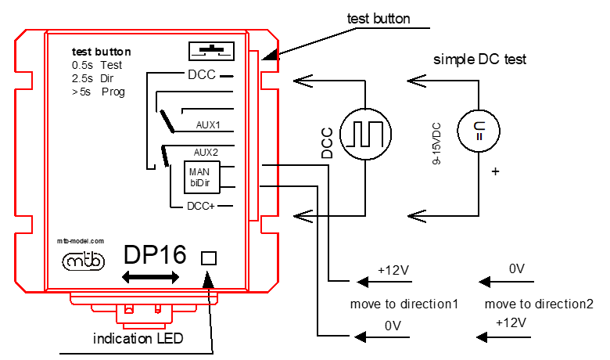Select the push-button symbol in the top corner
[211, 51]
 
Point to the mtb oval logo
[83, 261]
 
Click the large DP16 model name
[155, 254]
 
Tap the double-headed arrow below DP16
[150, 278]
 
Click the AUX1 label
[208, 125]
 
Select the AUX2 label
[206, 152]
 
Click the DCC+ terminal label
[201, 206]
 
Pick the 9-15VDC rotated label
[437, 144]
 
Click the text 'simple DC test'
[479, 59]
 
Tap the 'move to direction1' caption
[404, 304]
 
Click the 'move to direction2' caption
[539, 304]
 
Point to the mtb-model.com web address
[81, 241]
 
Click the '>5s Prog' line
[99, 92]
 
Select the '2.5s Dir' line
[92, 78]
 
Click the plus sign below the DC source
[495, 171]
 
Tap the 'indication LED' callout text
[138, 339]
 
